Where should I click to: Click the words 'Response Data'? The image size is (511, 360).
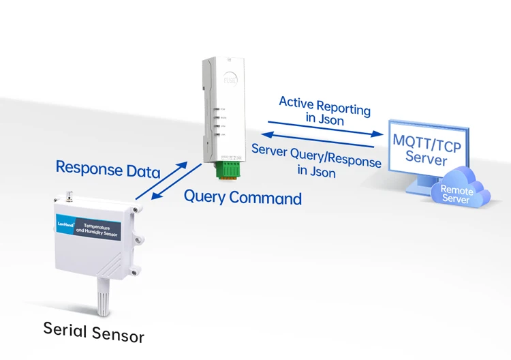pyautogui.click(x=108, y=168)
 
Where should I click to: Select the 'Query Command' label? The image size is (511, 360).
pyautogui.click(x=243, y=198)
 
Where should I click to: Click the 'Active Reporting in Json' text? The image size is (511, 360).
pyautogui.click(x=324, y=110)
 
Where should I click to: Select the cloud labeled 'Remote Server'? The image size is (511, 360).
pyautogui.click(x=457, y=194)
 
